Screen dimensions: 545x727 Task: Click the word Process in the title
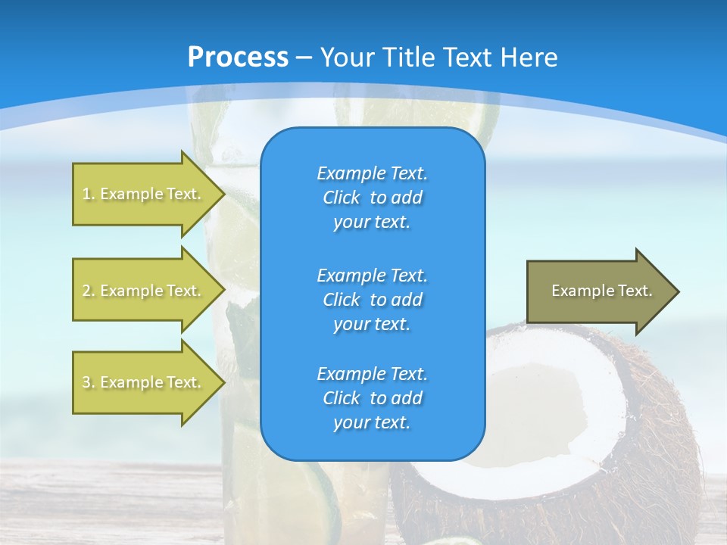(x=238, y=57)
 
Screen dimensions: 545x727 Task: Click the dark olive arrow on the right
(x=598, y=291)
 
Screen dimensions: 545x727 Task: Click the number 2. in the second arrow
(x=89, y=291)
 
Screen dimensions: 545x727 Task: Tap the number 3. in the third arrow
(x=89, y=382)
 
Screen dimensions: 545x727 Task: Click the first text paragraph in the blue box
(x=372, y=198)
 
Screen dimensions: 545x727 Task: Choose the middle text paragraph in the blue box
(x=372, y=299)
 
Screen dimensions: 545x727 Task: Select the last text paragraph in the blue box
(x=372, y=397)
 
